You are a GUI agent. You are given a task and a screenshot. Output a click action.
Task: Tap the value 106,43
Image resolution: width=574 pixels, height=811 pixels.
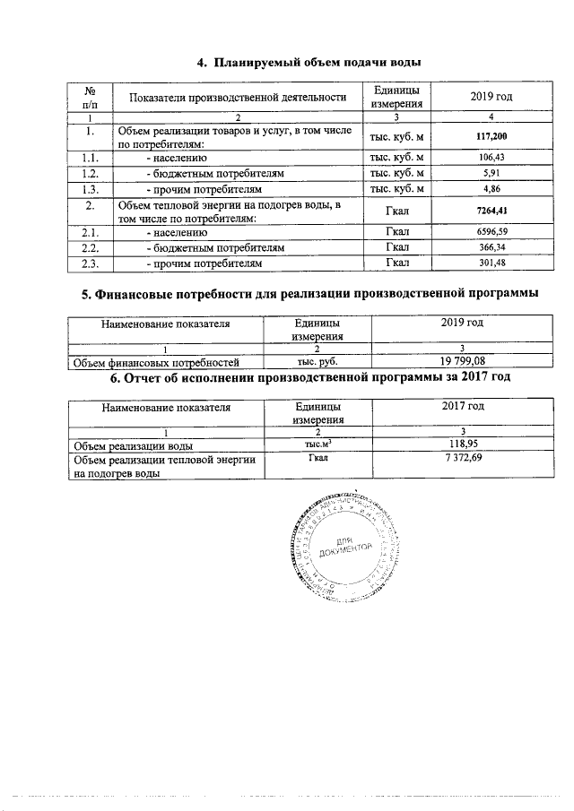(491, 158)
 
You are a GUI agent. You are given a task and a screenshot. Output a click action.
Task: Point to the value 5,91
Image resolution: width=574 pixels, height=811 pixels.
(491, 173)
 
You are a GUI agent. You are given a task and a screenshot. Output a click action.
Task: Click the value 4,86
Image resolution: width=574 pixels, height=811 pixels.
(491, 190)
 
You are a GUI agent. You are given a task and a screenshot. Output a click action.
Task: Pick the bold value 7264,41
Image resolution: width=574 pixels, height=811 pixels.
(491, 211)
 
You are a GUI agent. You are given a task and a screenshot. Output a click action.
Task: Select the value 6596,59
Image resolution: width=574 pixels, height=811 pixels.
(491, 232)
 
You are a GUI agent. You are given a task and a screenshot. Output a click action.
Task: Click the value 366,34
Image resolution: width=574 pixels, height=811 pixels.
(491, 247)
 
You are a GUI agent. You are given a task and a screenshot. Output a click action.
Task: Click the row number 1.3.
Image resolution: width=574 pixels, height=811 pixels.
(90, 190)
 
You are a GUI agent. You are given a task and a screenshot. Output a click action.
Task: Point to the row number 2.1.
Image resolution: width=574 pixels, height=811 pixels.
(90, 232)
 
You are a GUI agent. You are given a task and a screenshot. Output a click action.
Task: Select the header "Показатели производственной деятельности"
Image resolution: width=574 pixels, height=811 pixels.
(238, 97)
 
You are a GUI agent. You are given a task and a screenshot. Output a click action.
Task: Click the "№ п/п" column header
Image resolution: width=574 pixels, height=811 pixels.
(90, 97)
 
